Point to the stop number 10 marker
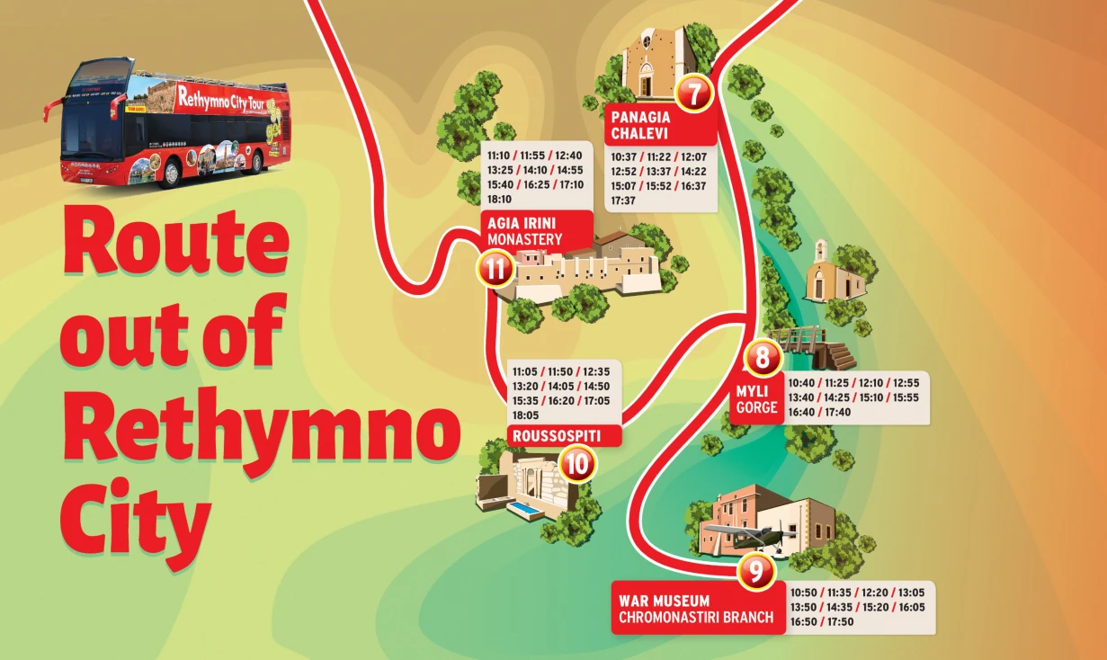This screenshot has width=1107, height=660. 577,464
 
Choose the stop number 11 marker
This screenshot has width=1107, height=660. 495,269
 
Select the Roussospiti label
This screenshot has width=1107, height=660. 554,437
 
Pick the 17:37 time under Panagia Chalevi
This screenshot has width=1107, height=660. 623,201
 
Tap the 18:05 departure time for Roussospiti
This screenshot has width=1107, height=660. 526,415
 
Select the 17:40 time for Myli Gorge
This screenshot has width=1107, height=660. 837,412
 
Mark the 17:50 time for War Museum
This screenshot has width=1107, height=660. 842,621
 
